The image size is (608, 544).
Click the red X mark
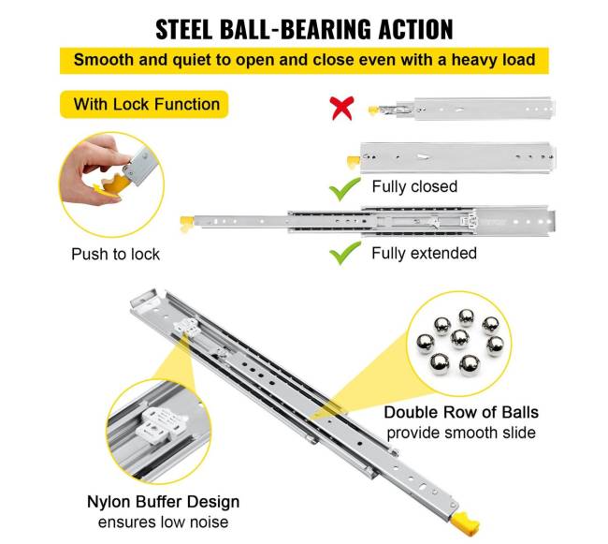(342, 108)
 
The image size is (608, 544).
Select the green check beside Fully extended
(345, 253)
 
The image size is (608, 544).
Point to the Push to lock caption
(116, 254)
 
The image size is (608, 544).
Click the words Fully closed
(414, 186)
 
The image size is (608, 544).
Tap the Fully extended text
(424, 253)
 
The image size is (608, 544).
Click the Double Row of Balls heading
(461, 412)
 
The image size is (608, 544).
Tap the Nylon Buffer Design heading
(177, 502)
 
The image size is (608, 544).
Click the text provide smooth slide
(461, 433)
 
